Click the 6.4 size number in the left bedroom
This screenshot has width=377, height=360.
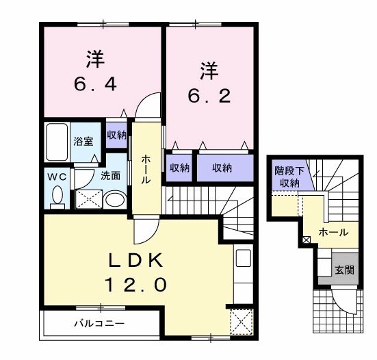[96, 84]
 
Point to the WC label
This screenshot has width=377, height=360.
[56, 176]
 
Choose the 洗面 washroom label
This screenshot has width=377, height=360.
[110, 175]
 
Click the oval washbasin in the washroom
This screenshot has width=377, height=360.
[116, 201]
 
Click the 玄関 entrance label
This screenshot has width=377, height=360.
[344, 270]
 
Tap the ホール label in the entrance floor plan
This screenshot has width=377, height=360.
[333, 233]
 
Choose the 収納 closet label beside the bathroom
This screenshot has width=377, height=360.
[116, 135]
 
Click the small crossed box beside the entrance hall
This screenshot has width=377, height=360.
[306, 240]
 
